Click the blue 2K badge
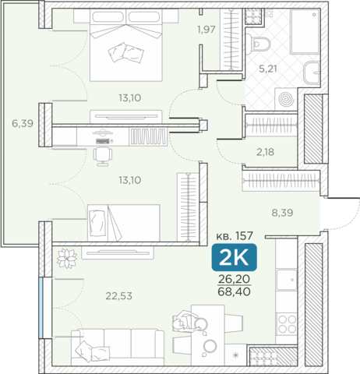[x=235, y=258]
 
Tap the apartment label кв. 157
[x=235, y=236]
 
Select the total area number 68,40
[x=235, y=291]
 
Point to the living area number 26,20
[x=235, y=279]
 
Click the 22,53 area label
[x=118, y=296]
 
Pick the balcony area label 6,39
[x=23, y=123]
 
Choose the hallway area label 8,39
[x=282, y=213]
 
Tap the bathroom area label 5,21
[x=268, y=69]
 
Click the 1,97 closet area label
[x=206, y=30]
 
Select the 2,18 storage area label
[x=265, y=152]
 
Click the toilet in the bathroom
[x=259, y=44]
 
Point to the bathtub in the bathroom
[x=305, y=31]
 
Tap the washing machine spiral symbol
[x=286, y=99]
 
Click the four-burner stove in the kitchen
[x=287, y=324]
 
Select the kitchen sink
[x=287, y=280]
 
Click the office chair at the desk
[x=103, y=156]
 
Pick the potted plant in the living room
[x=67, y=259]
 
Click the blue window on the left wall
[x=41, y=308]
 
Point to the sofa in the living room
[x=118, y=348]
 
